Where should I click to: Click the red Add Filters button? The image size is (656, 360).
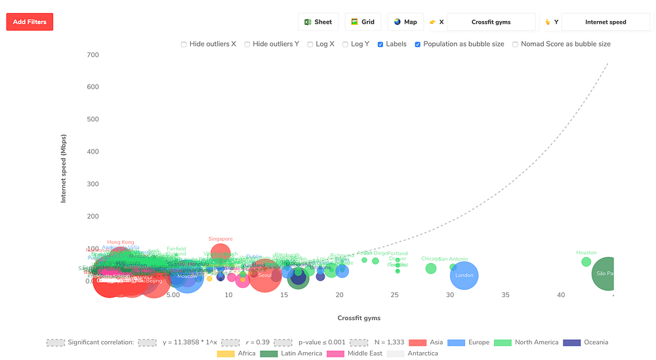tap(30, 22)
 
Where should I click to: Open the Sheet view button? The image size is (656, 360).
tap(318, 22)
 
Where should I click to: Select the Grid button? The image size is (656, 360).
tap(363, 22)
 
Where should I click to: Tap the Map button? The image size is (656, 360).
tap(405, 22)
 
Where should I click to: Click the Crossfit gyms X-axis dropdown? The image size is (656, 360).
tap(491, 22)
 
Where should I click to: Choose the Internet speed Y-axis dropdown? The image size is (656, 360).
tap(605, 22)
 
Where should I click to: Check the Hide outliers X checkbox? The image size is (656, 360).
tap(184, 45)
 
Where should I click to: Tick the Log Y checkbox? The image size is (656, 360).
tap(346, 45)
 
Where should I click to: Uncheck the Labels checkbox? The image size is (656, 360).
tap(380, 45)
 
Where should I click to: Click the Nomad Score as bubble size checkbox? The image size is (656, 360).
tap(516, 45)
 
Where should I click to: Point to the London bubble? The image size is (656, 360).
tap(464, 275)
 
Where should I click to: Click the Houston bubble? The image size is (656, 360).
tap(586, 262)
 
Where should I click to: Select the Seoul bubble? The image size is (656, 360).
tap(265, 275)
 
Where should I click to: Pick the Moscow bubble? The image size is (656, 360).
tap(187, 276)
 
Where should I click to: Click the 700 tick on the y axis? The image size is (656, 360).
tap(92, 55)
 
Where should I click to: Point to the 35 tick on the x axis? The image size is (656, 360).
tap(505, 295)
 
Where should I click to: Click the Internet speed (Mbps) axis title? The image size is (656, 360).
tap(64, 169)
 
